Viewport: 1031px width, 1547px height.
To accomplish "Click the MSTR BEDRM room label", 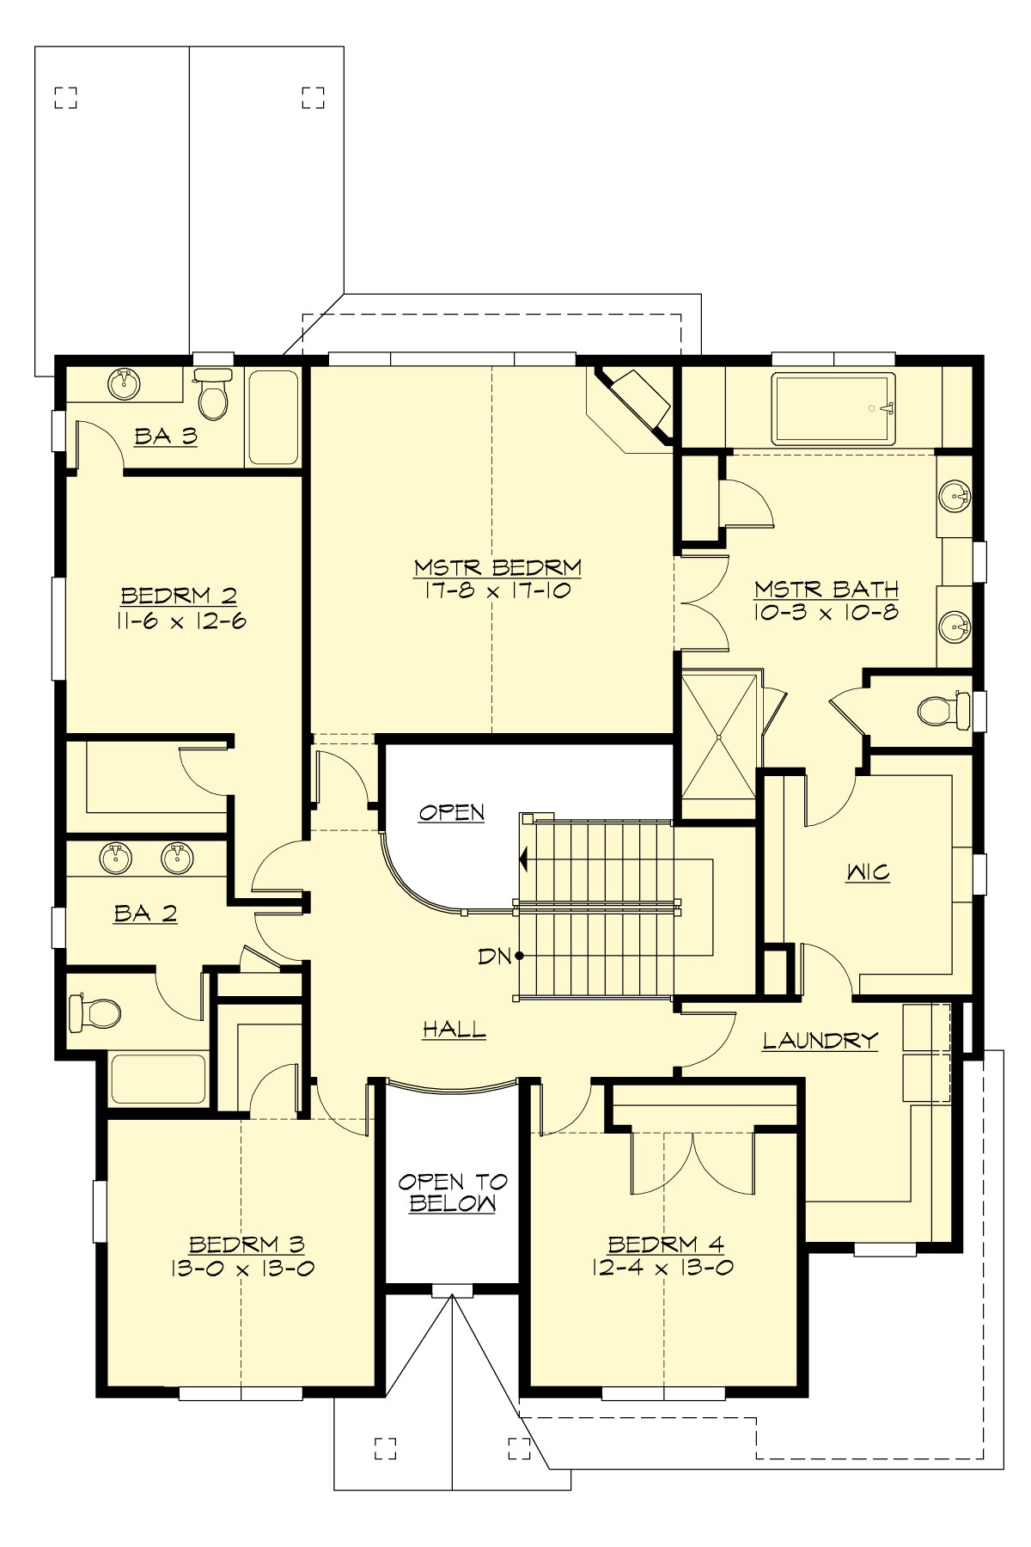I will (x=497, y=568).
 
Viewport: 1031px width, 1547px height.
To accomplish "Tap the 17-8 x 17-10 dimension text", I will (x=497, y=591).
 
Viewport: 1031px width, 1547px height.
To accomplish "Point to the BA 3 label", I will (x=166, y=437).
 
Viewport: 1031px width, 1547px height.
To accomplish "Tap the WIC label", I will (x=867, y=873).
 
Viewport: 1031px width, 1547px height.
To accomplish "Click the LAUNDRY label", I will (x=821, y=1041).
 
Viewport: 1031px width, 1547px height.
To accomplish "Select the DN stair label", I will (x=495, y=956).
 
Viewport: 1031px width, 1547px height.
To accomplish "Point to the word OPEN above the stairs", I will (x=452, y=812).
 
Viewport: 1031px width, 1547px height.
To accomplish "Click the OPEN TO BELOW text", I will (x=452, y=1193).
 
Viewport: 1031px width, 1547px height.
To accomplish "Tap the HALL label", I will (x=454, y=1030).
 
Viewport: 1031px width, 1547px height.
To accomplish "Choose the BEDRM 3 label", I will (x=247, y=1244).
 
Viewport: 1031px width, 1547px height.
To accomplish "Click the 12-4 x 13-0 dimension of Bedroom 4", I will (x=662, y=1267).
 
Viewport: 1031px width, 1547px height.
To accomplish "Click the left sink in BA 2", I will (x=116, y=856).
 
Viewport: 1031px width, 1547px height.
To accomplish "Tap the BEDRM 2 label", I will (x=179, y=596).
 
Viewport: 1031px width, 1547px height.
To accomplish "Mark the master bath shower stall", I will (x=719, y=737).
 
